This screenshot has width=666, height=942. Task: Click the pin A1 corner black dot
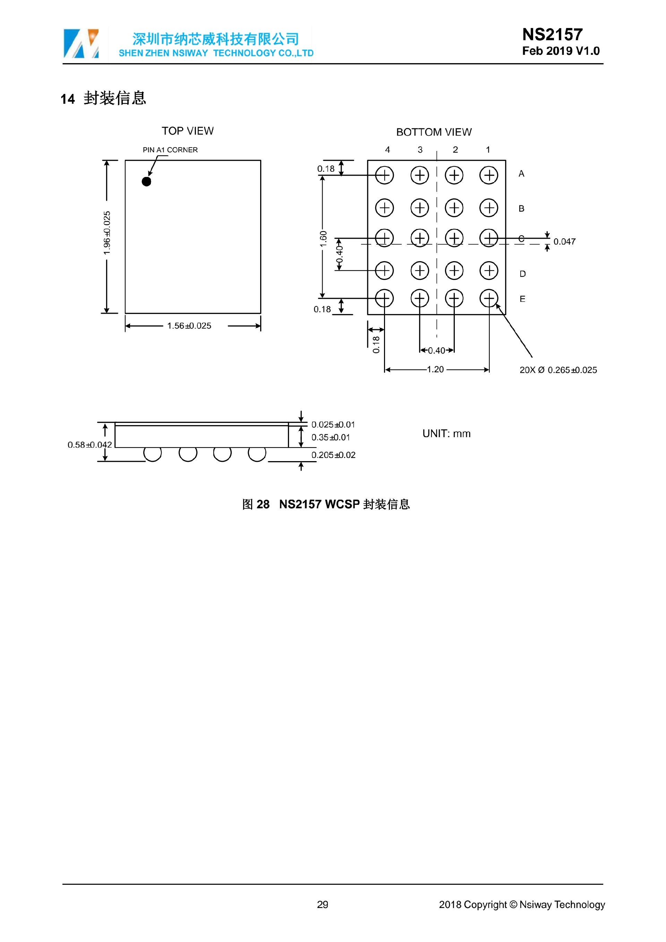(x=146, y=181)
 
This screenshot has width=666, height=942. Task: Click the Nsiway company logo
(x=81, y=43)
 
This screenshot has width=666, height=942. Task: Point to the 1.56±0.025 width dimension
(x=189, y=326)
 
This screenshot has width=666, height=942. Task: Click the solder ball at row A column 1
(x=488, y=175)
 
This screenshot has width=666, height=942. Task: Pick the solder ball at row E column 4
(x=384, y=298)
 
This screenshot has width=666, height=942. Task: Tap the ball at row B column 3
(x=419, y=207)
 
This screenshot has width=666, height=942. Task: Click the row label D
(x=522, y=274)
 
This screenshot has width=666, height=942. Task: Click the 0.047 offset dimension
(x=564, y=241)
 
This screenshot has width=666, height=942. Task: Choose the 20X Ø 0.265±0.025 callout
(x=558, y=370)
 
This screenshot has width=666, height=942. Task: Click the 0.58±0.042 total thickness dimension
(x=89, y=445)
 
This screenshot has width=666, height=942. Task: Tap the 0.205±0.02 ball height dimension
(x=333, y=455)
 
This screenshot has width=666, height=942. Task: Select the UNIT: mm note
(x=446, y=434)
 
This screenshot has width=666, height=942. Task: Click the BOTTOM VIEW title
(x=434, y=132)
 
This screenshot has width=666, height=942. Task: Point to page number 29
(x=322, y=904)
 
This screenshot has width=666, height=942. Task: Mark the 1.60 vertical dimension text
(x=323, y=239)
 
